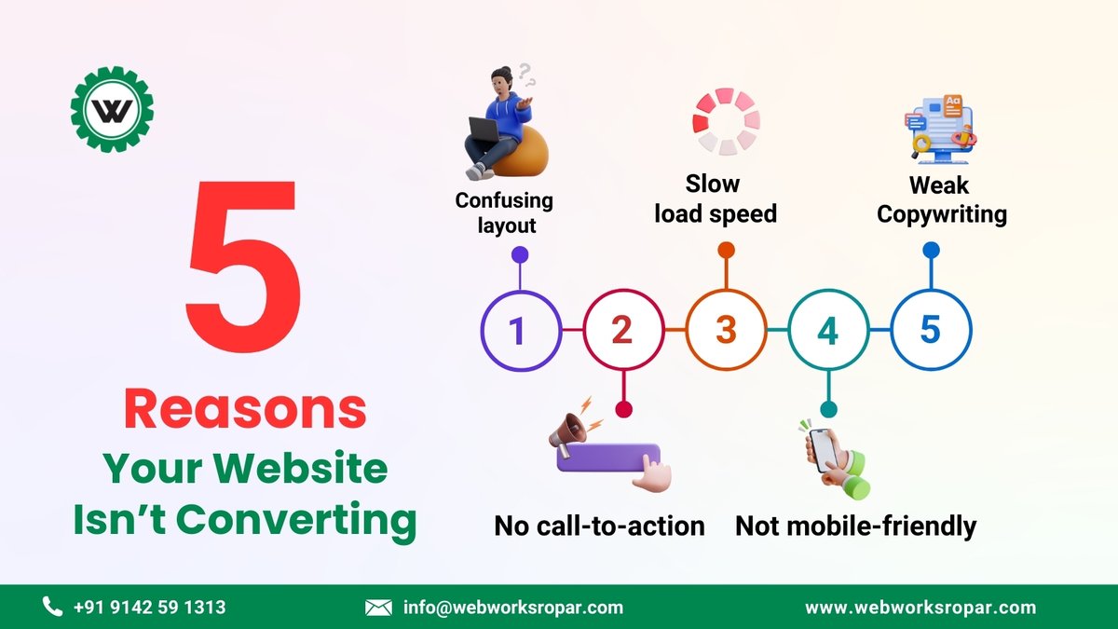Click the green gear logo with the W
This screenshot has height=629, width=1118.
(112, 111)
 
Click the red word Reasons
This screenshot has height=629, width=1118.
(244, 411)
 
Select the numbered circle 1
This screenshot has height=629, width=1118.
(519, 331)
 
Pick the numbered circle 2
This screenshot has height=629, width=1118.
(622, 331)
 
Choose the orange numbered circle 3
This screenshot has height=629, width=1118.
(726, 331)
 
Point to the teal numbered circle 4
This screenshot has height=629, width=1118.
(827, 331)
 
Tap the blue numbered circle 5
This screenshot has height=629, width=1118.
(930, 331)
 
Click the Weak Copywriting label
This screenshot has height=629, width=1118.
(942, 200)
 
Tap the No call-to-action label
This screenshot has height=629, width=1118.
(599, 526)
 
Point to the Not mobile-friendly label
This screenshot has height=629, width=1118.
(855, 526)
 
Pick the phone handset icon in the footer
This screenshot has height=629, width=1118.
(52, 608)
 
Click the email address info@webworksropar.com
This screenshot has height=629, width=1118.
(512, 608)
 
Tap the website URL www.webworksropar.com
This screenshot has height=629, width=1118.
(920, 608)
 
